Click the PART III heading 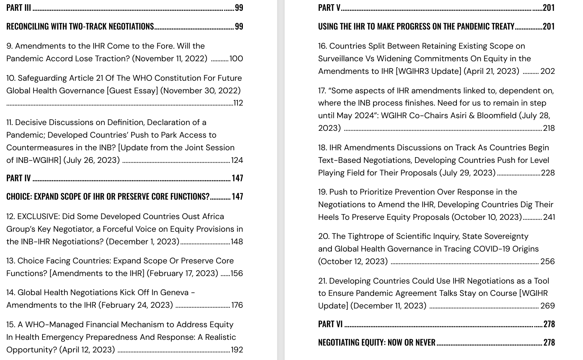coord(19,8)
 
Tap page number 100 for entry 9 coord(236,58)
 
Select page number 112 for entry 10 coord(238,103)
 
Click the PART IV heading coord(19,178)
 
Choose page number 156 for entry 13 coord(237,273)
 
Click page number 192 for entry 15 coord(237,350)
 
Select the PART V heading coord(329,8)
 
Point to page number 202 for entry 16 coord(547,71)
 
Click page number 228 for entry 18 coord(548,173)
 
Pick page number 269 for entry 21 coord(547,306)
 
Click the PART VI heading coord(330,324)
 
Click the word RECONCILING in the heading coord(28,26)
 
